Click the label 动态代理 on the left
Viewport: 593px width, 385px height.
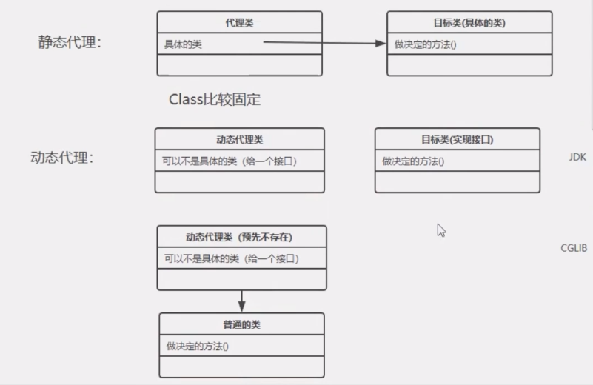coord(62,158)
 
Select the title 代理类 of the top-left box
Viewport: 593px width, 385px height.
coord(239,23)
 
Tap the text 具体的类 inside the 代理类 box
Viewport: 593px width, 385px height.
coord(183,44)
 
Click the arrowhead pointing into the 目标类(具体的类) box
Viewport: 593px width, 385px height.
coord(381,44)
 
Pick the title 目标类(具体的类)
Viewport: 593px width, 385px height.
coord(469,23)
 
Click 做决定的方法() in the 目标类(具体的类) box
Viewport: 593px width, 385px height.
coord(425,44)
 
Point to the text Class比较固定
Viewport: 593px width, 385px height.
coord(215,99)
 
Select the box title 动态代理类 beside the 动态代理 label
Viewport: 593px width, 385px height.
coord(239,139)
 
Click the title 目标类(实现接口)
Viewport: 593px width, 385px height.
coord(457,139)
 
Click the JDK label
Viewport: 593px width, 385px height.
coord(577,158)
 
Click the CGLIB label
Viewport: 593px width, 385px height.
coord(574,248)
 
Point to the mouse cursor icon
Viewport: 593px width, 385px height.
coord(441,230)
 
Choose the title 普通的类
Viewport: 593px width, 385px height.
coord(241,324)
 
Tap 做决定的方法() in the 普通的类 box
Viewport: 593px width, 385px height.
coord(197,346)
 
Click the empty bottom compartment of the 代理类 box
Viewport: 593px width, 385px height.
coord(239,65)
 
